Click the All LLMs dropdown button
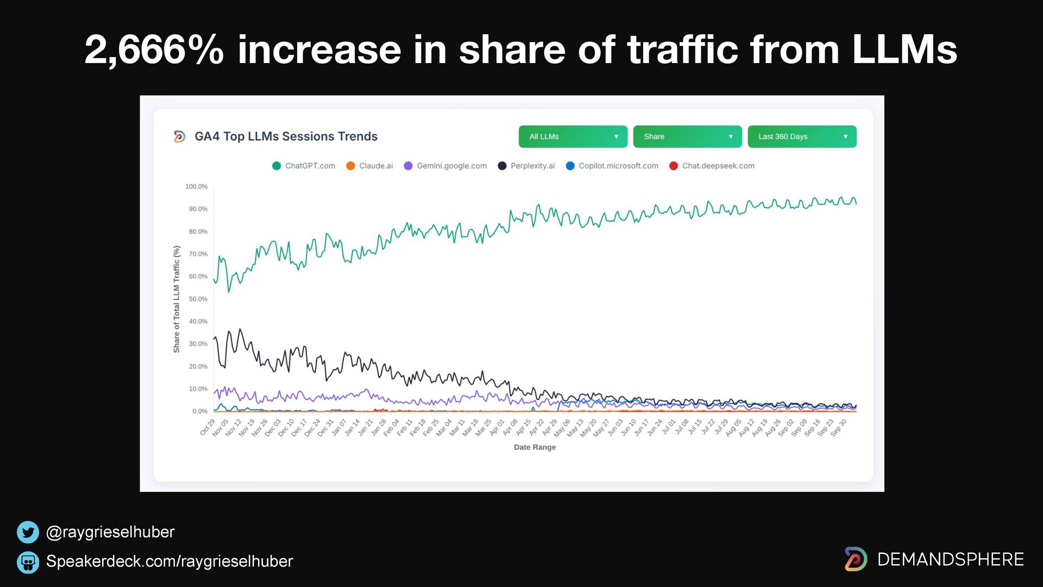click(x=573, y=136)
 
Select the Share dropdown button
click(x=687, y=136)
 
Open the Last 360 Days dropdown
click(x=802, y=136)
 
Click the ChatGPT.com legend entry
click(x=304, y=166)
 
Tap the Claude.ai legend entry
click(x=369, y=166)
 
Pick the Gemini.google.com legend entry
click(x=445, y=166)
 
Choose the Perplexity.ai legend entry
click(x=526, y=166)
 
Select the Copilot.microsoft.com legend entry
click(x=612, y=166)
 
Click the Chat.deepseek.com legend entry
click(x=712, y=166)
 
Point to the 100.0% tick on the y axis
click(x=196, y=186)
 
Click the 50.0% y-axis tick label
click(x=198, y=299)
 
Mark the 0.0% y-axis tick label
click(x=199, y=411)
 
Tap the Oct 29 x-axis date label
click(x=208, y=427)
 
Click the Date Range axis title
click(x=535, y=447)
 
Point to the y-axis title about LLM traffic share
click(x=177, y=299)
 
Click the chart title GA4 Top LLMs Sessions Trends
click(x=286, y=136)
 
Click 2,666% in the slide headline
click(x=154, y=50)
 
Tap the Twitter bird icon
click(x=28, y=532)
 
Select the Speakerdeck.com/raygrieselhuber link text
click(x=169, y=561)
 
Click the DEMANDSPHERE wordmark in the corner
click(x=950, y=559)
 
